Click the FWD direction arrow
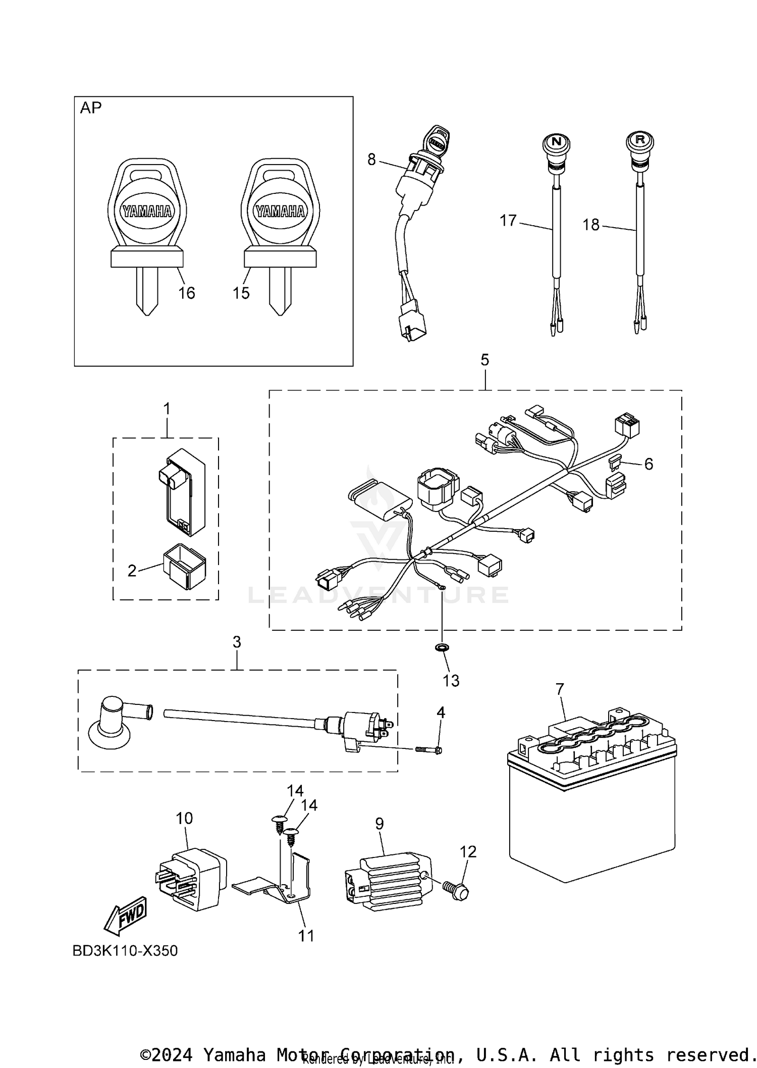coord(125,914)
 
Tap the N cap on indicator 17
coord(556,142)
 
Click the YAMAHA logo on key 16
coord(147,212)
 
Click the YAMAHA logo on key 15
coord(280,212)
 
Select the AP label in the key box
coord(91,108)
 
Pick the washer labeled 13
coord(443,647)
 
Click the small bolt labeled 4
coord(429,750)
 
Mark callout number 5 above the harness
coord(484,360)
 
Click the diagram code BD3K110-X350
coord(125,951)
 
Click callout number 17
coord(508,221)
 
